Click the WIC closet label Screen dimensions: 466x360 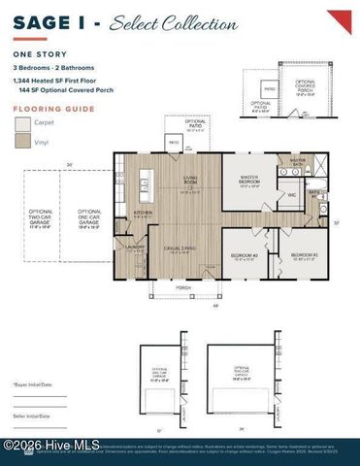pos(291,195)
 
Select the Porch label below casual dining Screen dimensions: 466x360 pos(182,287)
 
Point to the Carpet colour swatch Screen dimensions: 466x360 pos(22,124)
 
